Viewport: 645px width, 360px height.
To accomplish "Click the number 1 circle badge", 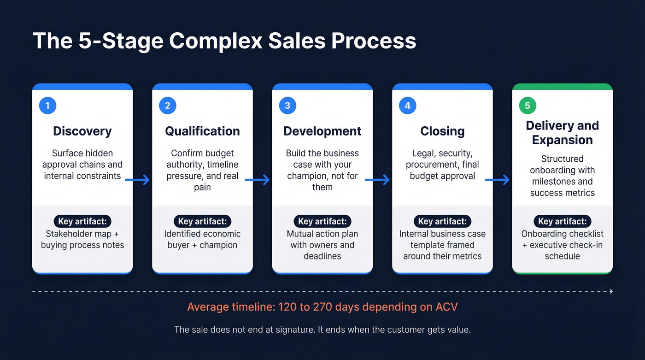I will [x=47, y=106].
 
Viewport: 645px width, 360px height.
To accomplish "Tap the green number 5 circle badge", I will [x=528, y=106].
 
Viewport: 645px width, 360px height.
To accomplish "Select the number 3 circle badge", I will [x=287, y=106].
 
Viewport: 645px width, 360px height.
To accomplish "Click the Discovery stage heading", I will [x=82, y=131].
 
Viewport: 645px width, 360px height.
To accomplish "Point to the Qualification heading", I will [x=202, y=131].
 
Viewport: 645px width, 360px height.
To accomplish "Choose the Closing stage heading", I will [x=442, y=131].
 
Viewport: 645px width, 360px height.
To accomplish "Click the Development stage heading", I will [x=322, y=131].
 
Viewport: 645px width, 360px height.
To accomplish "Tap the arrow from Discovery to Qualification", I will [x=138, y=180].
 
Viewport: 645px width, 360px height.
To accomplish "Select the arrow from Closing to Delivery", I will [x=498, y=180].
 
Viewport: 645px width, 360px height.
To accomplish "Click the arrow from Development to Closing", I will [x=378, y=180].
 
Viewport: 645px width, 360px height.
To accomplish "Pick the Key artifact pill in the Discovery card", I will [x=82, y=221].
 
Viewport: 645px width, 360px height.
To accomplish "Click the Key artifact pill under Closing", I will [x=442, y=221].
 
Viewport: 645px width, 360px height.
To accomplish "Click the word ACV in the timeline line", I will [x=446, y=307].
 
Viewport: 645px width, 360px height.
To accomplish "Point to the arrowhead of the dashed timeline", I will [x=611, y=291].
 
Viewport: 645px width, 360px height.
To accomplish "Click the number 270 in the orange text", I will [x=323, y=307].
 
